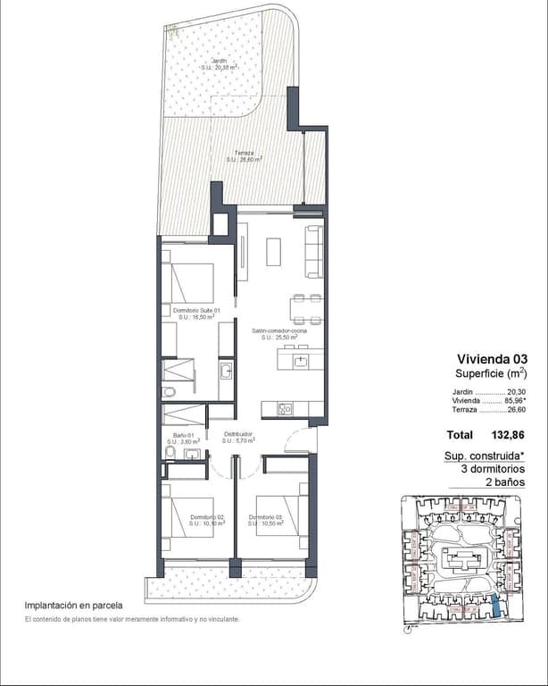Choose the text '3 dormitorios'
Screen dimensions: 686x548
click(492, 469)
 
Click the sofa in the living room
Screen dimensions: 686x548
click(314, 251)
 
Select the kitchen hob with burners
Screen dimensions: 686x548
click(286, 409)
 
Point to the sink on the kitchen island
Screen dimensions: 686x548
click(302, 361)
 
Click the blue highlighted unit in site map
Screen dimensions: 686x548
click(496, 607)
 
